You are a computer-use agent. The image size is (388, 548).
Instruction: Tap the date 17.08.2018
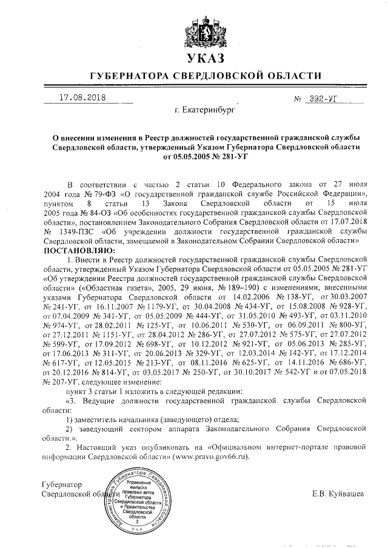coord(82,97)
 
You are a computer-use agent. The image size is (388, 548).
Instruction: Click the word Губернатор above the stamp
coord(58,485)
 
